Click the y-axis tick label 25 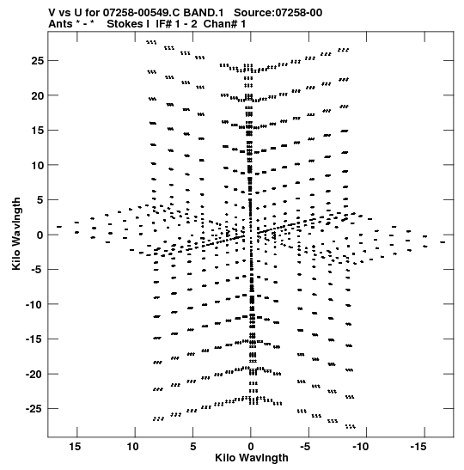pos(38,61)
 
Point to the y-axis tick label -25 pos(34,409)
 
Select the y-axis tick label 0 pos(40,235)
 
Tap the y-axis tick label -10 pos(34,304)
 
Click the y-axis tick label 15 pos(38,131)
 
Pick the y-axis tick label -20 pos(34,374)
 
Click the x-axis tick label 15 pos(75,447)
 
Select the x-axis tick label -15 pos(418,447)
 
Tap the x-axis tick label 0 pos(251,447)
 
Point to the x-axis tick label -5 pos(306,447)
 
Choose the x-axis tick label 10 pos(133,447)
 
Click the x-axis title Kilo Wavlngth pos(252,458)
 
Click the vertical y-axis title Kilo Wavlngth pos(16,234)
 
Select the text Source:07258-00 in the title pos(278,13)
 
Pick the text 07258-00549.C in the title pos(142,13)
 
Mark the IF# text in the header pos(164,24)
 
